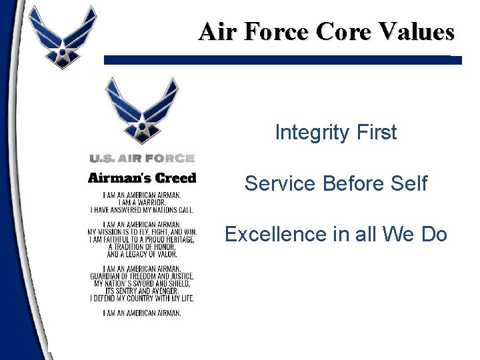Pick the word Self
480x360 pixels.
[407, 183]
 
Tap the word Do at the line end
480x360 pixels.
[433, 235]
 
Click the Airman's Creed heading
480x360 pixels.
[142, 178]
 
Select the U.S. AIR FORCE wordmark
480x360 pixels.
[142, 158]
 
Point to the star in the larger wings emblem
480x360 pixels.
[142, 127]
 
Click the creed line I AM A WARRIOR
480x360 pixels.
[142, 202]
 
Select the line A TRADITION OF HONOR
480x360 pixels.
[142, 247]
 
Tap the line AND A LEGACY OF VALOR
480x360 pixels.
[142, 254]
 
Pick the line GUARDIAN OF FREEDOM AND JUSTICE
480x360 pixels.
[142, 276]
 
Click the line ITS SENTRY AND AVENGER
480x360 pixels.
[142, 291]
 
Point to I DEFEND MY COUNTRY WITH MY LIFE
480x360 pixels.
[142, 298]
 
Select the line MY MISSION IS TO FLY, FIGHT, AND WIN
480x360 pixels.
[142, 232]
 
